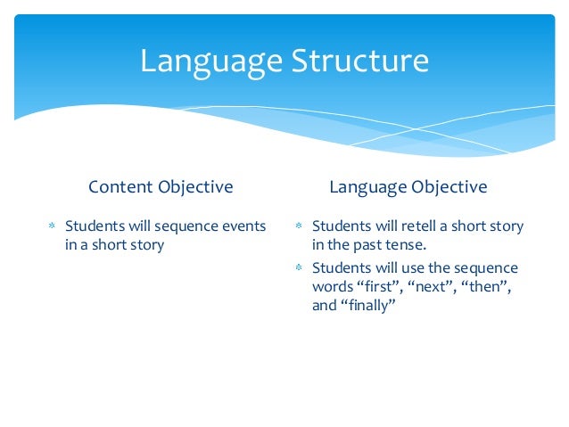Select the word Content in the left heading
tap(121, 187)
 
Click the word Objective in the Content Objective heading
tap(195, 187)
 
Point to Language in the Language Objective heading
tap(368, 187)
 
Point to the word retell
tap(423, 226)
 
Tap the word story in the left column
tap(145, 244)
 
